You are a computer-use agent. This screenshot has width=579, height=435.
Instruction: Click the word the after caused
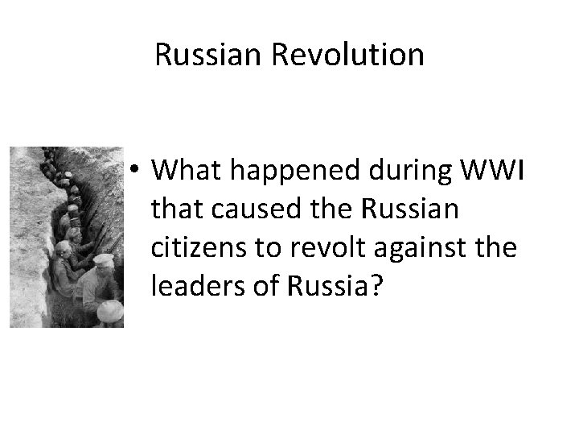pyautogui.click(x=328, y=211)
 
